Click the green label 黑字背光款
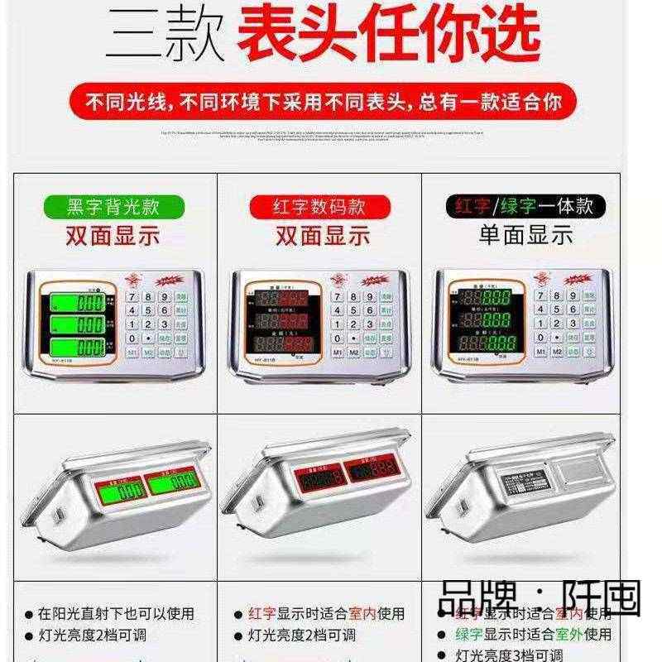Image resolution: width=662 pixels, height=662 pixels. point(113,205)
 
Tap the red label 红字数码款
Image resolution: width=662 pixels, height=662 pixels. point(319,205)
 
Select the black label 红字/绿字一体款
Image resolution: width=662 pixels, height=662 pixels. point(525,205)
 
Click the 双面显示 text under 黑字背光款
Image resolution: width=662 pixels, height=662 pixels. point(113,236)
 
